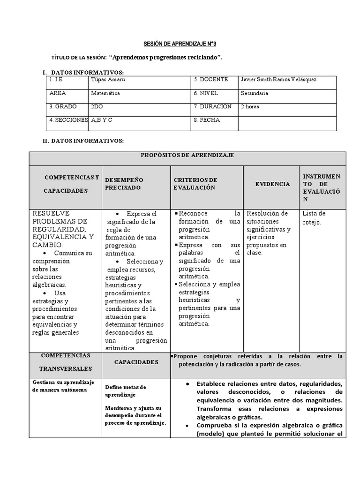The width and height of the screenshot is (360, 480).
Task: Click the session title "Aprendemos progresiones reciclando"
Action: click(x=165, y=57)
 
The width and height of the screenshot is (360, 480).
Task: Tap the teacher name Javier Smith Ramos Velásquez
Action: click(x=278, y=80)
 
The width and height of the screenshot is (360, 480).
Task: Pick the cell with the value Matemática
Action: click(x=105, y=93)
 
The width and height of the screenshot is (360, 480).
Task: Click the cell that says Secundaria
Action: click(x=255, y=93)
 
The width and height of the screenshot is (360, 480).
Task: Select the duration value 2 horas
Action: click(x=250, y=107)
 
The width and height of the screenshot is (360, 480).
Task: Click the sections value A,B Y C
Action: click(x=102, y=120)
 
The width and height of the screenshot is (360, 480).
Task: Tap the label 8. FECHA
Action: click(x=207, y=120)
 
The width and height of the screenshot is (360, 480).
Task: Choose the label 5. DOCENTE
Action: click(x=210, y=80)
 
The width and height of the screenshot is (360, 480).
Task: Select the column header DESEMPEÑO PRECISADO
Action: click(x=124, y=184)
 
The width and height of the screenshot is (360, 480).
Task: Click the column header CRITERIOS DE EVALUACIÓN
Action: click(x=195, y=184)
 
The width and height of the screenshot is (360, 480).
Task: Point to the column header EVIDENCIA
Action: click(x=272, y=184)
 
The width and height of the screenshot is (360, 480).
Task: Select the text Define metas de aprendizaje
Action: click(x=126, y=391)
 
